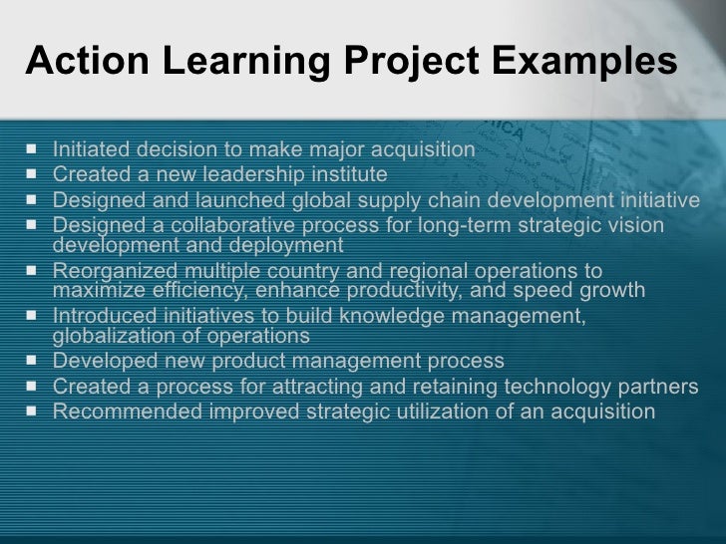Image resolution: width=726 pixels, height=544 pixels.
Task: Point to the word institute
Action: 343,174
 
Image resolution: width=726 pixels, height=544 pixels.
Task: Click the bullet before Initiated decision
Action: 36,149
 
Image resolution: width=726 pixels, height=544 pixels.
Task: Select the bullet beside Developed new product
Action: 36,361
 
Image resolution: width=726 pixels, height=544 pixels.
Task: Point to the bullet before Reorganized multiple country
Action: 36,271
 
